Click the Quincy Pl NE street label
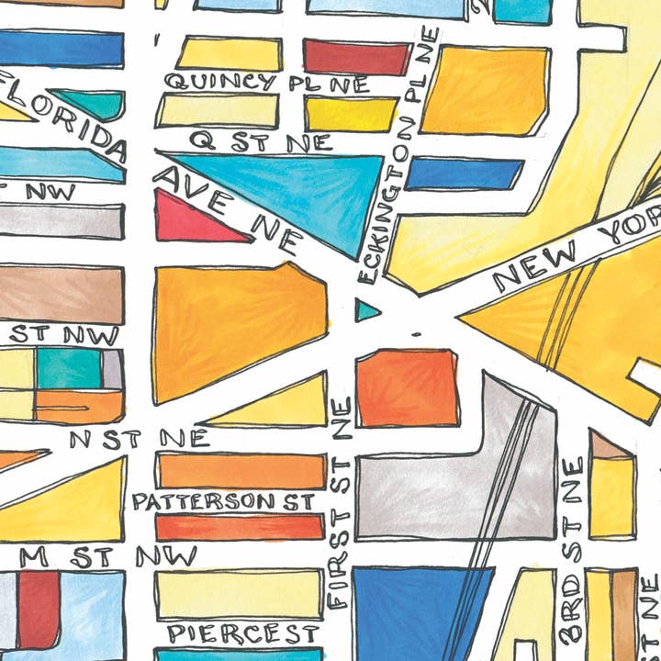266,84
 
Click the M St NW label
108,556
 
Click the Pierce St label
243,633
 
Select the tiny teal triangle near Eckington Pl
365,310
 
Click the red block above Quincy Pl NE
356,57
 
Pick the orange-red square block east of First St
408,387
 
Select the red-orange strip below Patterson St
241,528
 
